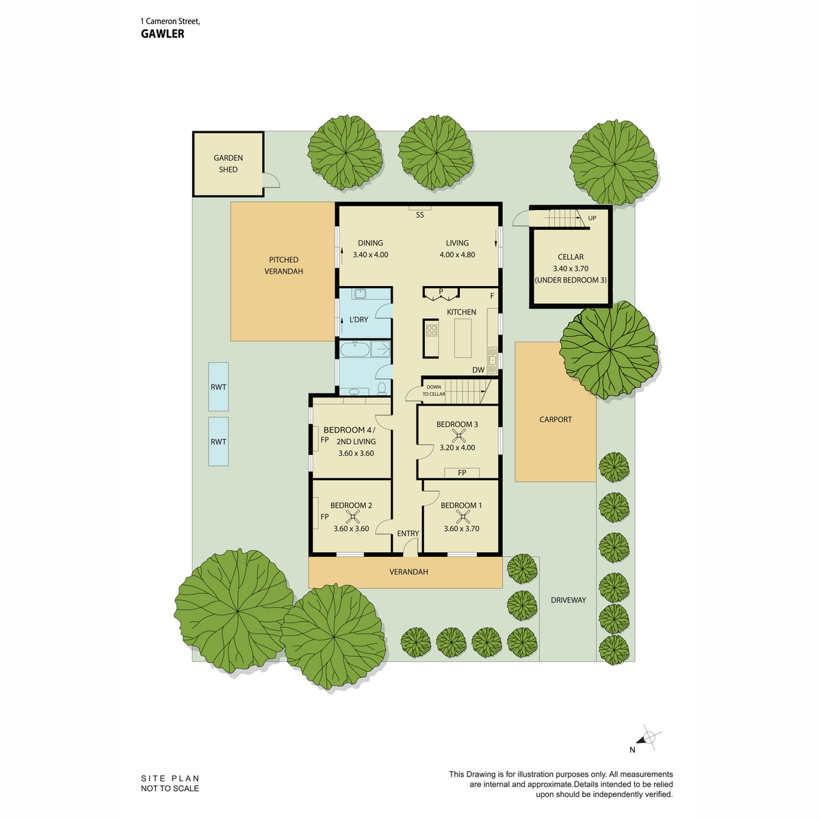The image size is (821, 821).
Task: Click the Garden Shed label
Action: (x=228, y=164)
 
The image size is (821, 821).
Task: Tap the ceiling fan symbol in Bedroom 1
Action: (x=462, y=517)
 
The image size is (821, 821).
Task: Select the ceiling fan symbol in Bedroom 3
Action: (x=458, y=436)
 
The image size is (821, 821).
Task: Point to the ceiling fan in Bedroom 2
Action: (x=353, y=517)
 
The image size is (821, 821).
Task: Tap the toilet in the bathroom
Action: (x=382, y=388)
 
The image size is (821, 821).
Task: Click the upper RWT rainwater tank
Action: (x=218, y=387)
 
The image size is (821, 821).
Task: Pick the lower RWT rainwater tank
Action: (x=218, y=441)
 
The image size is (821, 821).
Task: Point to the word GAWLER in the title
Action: (x=162, y=34)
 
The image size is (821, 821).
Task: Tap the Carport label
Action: (x=555, y=419)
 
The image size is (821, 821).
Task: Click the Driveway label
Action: (x=569, y=600)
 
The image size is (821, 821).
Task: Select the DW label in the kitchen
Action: (x=478, y=370)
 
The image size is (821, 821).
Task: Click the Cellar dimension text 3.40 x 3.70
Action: (x=571, y=268)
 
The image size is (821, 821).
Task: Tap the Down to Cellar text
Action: (x=434, y=391)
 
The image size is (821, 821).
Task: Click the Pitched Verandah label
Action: (x=283, y=265)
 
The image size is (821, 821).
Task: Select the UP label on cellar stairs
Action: (x=592, y=218)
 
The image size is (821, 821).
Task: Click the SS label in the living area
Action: (x=419, y=215)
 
